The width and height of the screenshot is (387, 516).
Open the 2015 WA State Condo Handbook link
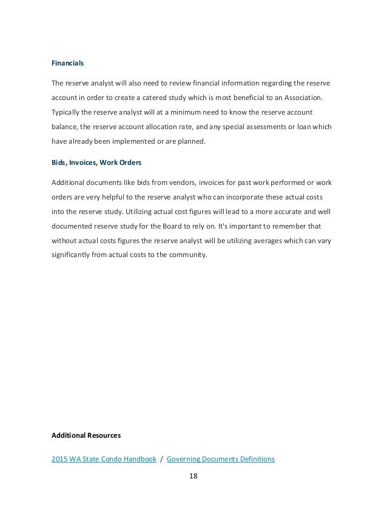click(103, 459)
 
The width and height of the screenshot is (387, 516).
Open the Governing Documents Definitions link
click(220, 459)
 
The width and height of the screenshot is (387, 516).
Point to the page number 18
click(193, 477)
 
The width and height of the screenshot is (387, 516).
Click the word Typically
click(68, 112)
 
